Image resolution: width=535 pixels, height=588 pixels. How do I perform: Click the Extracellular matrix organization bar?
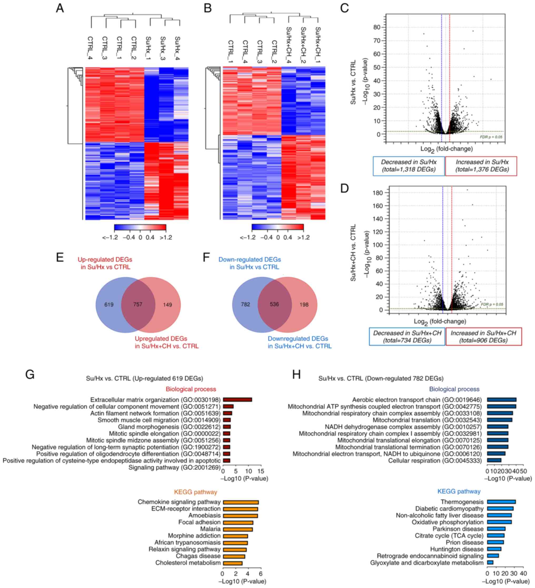237,399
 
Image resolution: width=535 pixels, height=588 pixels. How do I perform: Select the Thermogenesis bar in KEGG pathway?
501,502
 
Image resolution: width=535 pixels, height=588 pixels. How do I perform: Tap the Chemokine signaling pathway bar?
241,502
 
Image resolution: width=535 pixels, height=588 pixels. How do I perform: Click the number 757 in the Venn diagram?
138,304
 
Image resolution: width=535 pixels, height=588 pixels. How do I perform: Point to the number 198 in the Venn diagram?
304,304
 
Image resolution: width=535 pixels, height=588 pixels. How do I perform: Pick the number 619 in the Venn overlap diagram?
109,304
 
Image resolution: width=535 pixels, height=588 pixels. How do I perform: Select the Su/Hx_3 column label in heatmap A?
163,48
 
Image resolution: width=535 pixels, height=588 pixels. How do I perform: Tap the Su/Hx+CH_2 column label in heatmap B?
303,44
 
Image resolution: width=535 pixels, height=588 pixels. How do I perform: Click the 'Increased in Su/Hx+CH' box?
483,337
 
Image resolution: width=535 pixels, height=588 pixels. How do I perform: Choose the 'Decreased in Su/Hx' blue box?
409,166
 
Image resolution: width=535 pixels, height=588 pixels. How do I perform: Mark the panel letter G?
30,374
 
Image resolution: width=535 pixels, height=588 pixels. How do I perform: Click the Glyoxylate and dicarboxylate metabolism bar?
490,562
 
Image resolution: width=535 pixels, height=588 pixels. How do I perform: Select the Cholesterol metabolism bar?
232,563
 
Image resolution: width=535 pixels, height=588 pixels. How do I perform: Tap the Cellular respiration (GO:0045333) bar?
494,460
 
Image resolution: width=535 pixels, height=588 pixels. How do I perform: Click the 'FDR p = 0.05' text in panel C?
491,137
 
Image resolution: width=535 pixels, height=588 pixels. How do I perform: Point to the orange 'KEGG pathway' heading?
195,492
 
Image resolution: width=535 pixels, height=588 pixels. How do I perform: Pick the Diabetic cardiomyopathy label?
449,509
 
